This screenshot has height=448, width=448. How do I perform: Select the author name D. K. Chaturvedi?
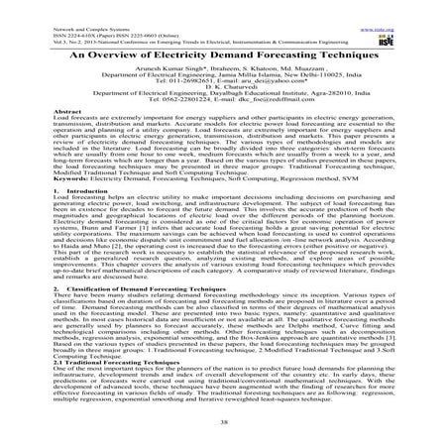click(x=223, y=108)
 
